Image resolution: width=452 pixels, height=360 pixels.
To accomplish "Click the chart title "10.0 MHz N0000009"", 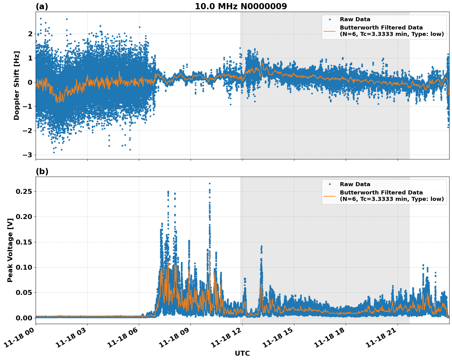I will (x=241, y=6).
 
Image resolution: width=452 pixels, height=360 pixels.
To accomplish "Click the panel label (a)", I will (x=42, y=6).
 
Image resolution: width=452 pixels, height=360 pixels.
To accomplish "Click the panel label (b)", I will (x=42, y=171).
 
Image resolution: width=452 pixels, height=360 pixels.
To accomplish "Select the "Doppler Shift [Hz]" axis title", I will (x=17, y=85).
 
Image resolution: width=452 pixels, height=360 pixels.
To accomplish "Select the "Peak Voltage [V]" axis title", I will (x=10, y=250).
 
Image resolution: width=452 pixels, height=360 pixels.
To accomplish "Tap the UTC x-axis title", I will (x=242, y=353).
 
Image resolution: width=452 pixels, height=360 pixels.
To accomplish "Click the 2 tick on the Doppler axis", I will (x=30, y=34).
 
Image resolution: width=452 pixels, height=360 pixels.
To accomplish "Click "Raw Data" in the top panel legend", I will (x=355, y=19).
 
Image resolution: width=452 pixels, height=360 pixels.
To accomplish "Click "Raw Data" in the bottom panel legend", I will (x=355, y=184).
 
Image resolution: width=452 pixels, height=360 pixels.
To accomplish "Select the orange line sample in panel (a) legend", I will (x=329, y=31).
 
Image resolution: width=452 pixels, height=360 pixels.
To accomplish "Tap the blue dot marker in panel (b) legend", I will (x=329, y=184).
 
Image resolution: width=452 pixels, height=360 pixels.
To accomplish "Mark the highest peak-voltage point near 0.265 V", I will (x=210, y=183).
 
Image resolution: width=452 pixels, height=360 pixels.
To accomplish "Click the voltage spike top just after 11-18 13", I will (x=261, y=246).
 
